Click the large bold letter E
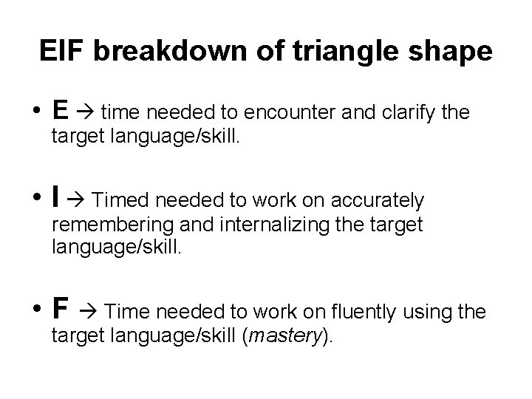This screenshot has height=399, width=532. (x=61, y=111)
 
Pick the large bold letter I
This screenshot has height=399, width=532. (x=56, y=199)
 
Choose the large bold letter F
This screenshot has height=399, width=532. (x=61, y=310)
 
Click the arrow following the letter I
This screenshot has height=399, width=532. (x=78, y=201)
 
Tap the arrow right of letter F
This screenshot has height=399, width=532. (x=89, y=313)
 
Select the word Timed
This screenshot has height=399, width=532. (x=119, y=201)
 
